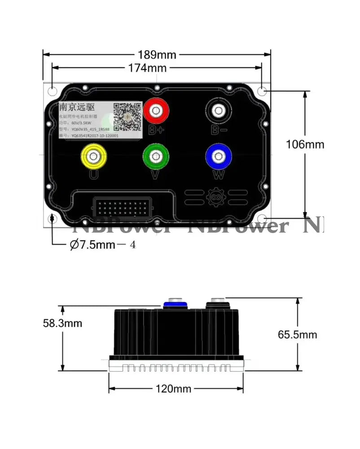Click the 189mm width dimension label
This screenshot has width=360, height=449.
(157, 55)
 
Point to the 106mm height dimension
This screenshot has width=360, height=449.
(305, 145)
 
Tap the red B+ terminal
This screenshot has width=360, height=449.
(156, 110)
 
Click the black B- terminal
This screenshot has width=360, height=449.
(219, 110)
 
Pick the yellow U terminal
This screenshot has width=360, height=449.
(93, 156)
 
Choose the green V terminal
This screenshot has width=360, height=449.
(156, 156)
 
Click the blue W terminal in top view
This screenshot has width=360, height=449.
(219, 156)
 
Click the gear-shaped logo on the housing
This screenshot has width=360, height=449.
(215, 198)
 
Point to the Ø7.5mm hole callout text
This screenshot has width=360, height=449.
(102, 245)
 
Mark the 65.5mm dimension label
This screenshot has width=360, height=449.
(297, 335)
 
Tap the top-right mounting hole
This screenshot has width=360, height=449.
(263, 91)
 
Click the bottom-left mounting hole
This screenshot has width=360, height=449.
(53, 219)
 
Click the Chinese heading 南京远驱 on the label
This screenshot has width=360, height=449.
(77, 107)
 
